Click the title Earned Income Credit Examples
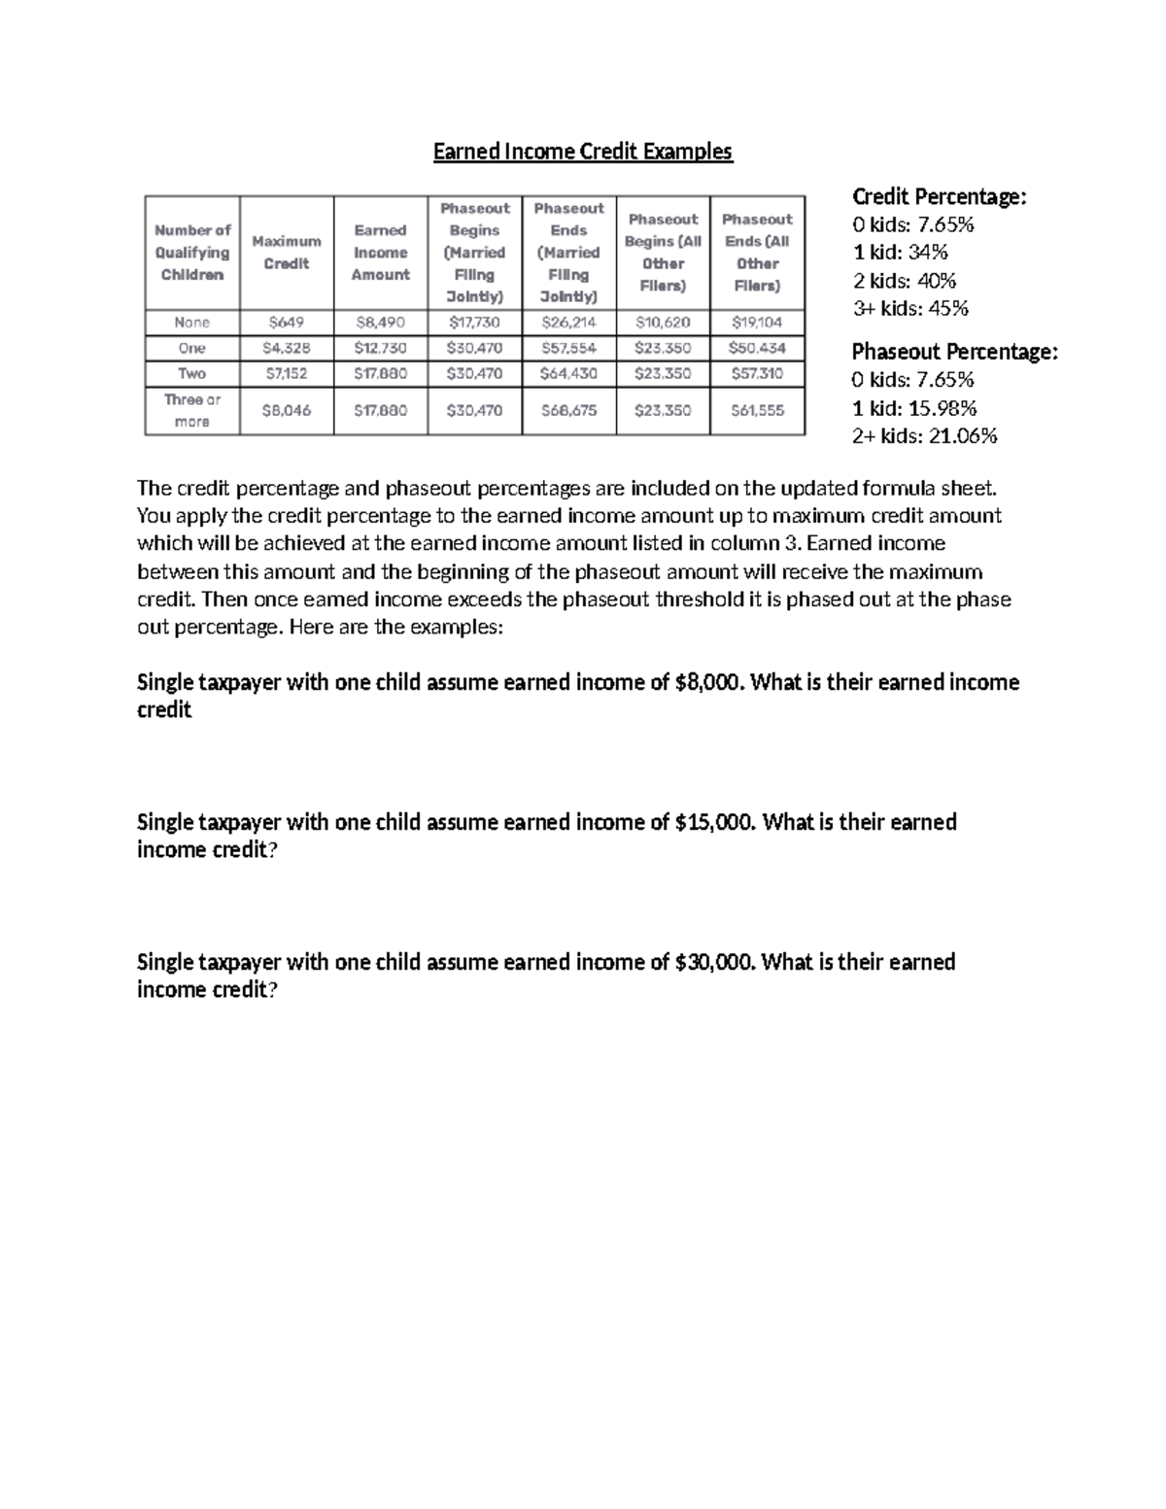[582, 152]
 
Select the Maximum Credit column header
[287, 253]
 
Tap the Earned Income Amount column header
[380, 253]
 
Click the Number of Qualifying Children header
[192, 253]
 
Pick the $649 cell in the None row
[287, 323]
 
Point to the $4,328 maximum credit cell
[287, 348]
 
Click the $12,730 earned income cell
[380, 348]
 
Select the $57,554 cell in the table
[568, 348]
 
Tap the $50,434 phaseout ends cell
[757, 348]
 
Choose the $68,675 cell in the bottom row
[568, 411]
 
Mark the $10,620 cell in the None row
[663, 323]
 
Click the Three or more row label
[192, 411]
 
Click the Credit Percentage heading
[939, 197]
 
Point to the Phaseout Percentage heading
[954, 352]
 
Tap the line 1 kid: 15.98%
[914, 408]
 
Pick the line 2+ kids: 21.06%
[925, 436]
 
